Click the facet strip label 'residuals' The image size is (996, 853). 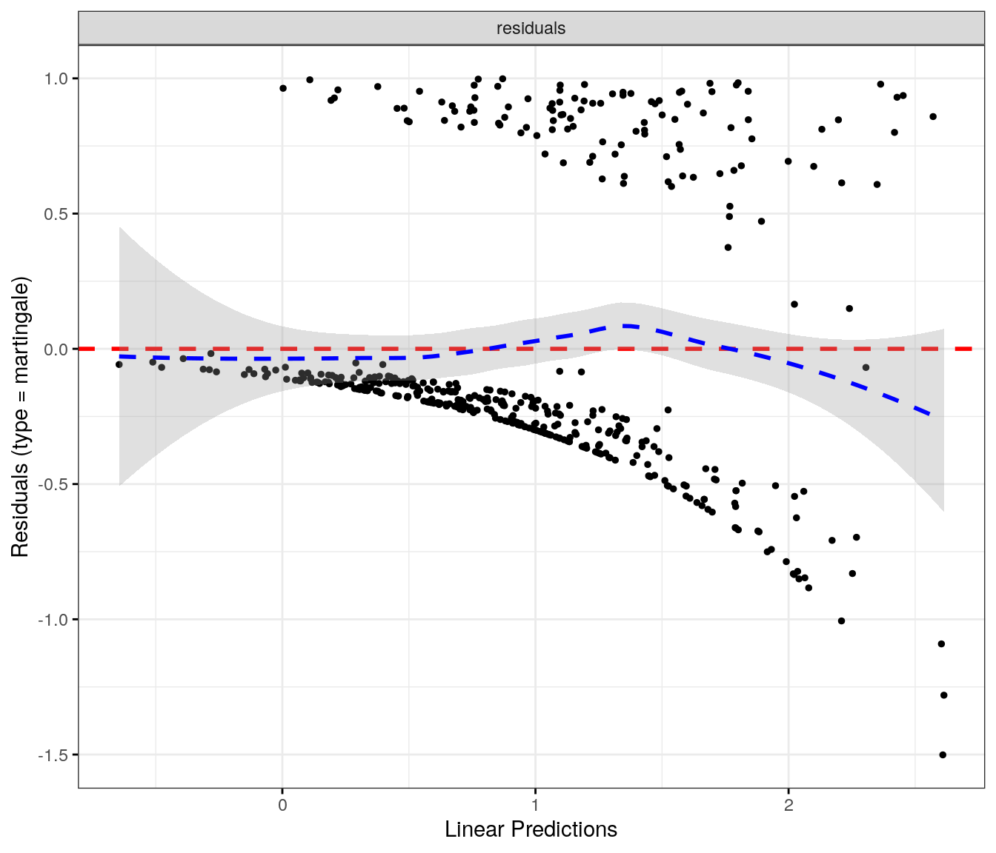tap(531, 28)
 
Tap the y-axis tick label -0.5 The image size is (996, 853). tap(54, 484)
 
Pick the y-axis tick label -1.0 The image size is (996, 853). tap(54, 620)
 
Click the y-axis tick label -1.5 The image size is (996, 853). tap(54, 755)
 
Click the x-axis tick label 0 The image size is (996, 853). tap(282, 805)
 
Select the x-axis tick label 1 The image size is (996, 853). tap(535, 805)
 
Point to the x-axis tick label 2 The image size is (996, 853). tap(788, 805)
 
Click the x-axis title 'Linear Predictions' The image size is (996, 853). tap(531, 829)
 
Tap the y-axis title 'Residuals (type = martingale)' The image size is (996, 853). tap(20, 417)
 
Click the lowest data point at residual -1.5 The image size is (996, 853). tap(943, 755)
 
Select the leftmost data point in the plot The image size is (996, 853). tap(119, 364)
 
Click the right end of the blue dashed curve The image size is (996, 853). tap(931, 415)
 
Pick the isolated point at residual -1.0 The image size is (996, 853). tap(841, 620)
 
